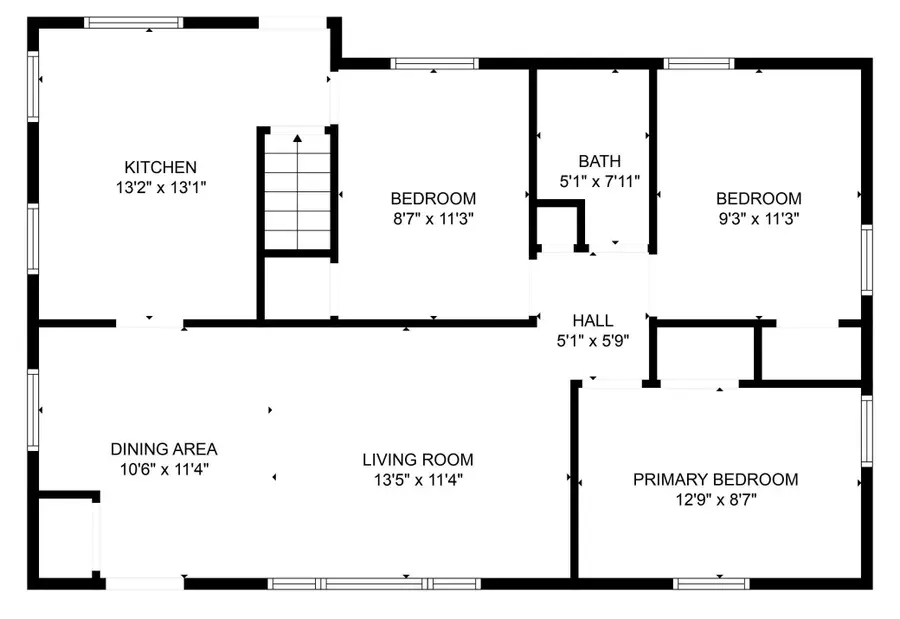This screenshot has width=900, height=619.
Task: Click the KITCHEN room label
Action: click(161, 167)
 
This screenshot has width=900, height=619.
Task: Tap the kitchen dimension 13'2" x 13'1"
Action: click(161, 187)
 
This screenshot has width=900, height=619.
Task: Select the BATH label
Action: click(599, 161)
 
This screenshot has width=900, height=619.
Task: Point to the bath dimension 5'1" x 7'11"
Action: click(599, 181)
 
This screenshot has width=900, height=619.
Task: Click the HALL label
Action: click(593, 320)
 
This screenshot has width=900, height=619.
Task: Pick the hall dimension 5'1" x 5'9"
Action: click(593, 341)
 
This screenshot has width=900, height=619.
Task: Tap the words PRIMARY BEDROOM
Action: click(716, 479)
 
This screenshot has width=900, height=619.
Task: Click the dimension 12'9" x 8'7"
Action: click(716, 500)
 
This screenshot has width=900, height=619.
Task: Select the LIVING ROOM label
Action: click(418, 459)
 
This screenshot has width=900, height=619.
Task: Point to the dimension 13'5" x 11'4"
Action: click(418, 479)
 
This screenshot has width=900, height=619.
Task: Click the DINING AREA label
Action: click(164, 449)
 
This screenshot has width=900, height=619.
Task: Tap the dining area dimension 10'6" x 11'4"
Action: click(164, 469)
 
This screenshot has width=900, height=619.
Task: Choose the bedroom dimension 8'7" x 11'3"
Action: click(433, 219)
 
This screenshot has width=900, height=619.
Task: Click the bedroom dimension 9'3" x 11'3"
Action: click(759, 219)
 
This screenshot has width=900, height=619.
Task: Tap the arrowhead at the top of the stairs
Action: click(297, 138)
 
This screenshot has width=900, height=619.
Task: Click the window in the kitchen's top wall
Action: click(134, 23)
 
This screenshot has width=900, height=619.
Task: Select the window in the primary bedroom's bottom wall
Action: click(711, 584)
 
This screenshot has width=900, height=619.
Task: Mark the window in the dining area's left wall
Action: click(33, 410)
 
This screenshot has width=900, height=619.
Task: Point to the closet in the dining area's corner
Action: click(65, 538)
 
